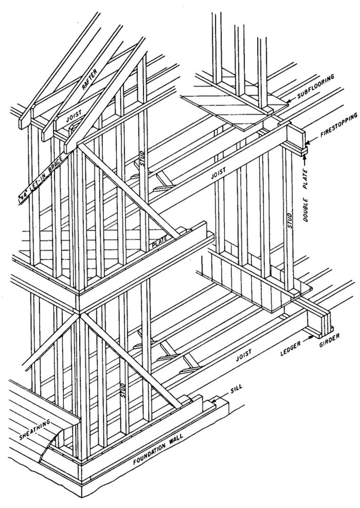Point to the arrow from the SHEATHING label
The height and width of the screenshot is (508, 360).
tap(47, 448)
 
